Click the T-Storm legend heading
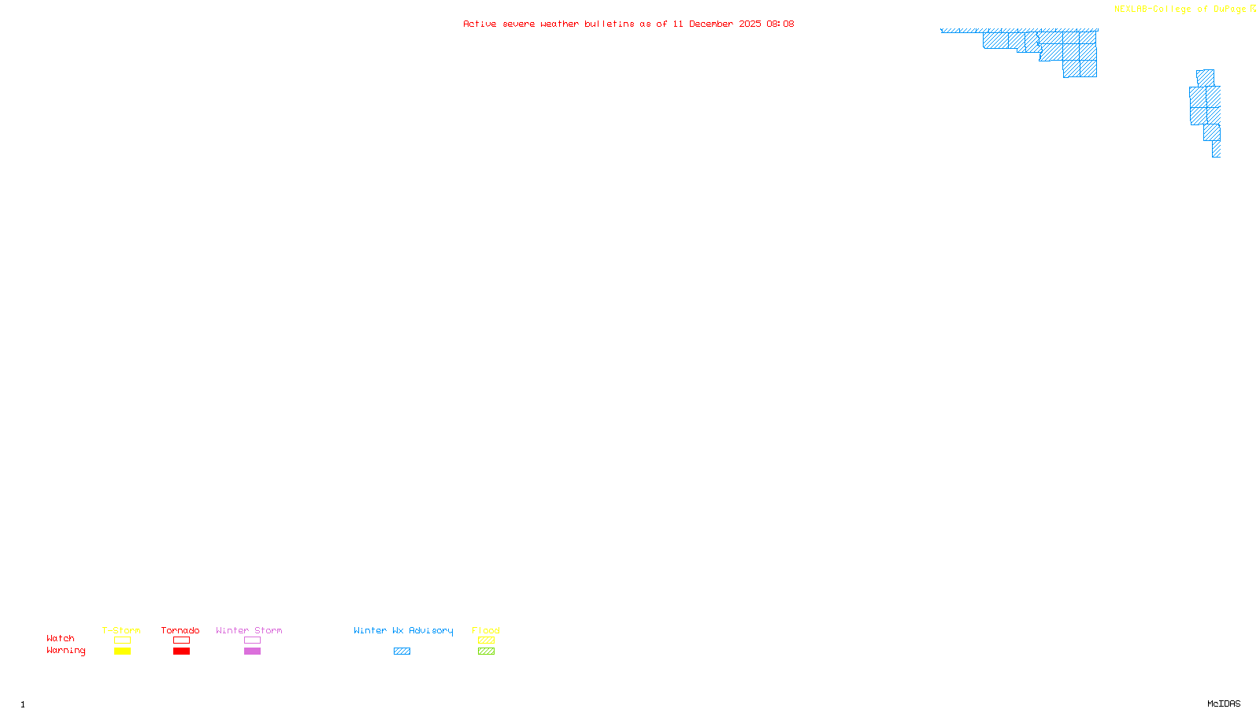121,630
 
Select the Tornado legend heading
180,630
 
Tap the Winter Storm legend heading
249,630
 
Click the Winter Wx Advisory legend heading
403,630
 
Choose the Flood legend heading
486,630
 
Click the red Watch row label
61,638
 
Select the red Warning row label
65,651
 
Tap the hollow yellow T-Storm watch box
122,640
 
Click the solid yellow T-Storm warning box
122,651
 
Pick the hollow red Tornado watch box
181,640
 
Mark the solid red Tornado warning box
181,651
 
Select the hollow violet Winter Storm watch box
252,640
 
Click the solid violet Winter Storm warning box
252,651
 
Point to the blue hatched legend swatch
402,651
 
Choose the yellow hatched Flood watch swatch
486,640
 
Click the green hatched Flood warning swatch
486,651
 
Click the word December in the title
711,24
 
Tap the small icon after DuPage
1253,9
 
